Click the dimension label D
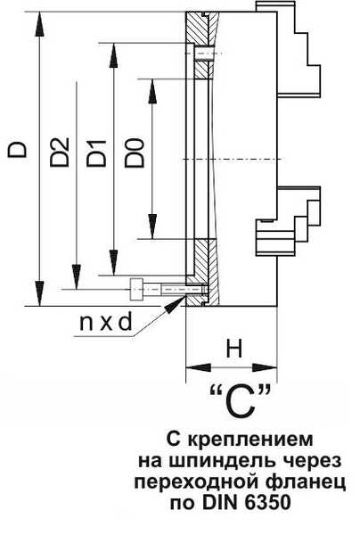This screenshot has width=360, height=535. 17,149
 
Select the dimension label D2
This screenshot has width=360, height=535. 60,152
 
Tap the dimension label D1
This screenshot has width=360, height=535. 96,153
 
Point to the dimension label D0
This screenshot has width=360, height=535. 135,152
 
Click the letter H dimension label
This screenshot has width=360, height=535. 234,349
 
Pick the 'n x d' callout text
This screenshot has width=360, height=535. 105,322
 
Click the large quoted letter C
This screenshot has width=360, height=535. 241,402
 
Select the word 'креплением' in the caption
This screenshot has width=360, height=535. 250,440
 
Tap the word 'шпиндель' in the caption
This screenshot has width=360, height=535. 225,462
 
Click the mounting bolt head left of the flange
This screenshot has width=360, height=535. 136,289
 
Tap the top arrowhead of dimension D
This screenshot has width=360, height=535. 39,24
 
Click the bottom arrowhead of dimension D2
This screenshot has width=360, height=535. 77,276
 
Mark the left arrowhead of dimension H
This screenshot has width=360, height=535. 199,367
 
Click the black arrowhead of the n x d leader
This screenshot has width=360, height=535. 175,304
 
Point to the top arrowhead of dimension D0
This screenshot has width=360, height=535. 152,91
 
